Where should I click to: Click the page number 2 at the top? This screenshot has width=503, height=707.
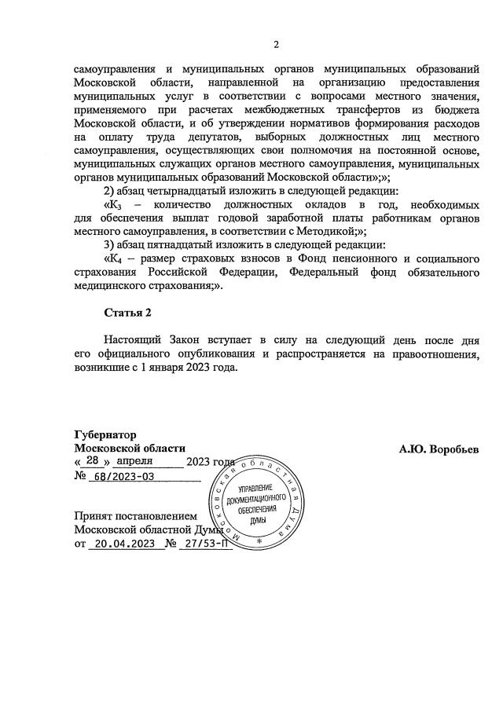(x=275, y=43)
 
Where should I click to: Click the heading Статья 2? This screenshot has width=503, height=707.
(x=128, y=313)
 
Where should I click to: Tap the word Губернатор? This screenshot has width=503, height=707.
(x=105, y=435)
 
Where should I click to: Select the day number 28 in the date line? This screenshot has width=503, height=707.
(x=93, y=462)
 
